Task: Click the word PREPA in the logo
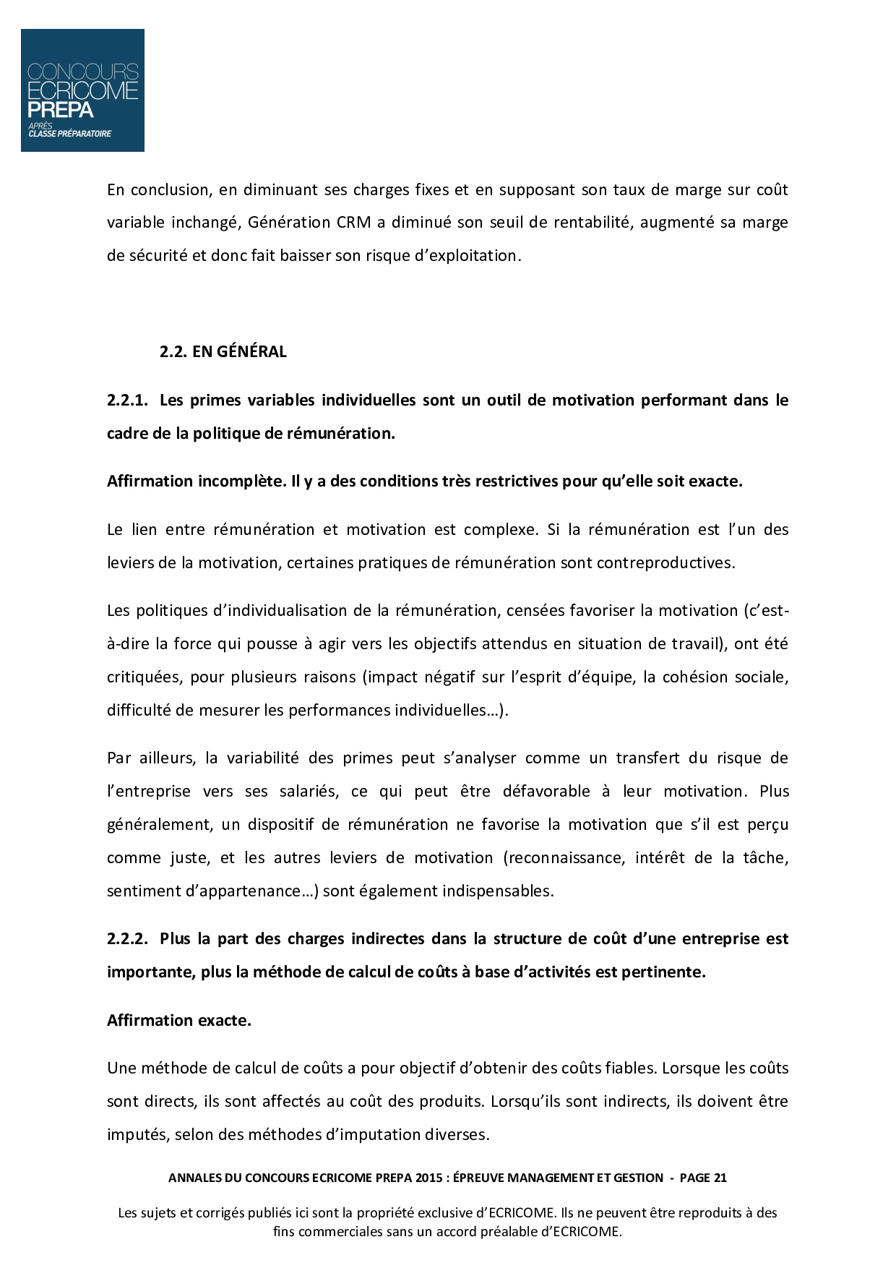(61, 110)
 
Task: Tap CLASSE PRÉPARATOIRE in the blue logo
(70, 134)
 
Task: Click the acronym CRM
(354, 223)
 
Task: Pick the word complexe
(499, 530)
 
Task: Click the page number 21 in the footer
(720, 1178)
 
